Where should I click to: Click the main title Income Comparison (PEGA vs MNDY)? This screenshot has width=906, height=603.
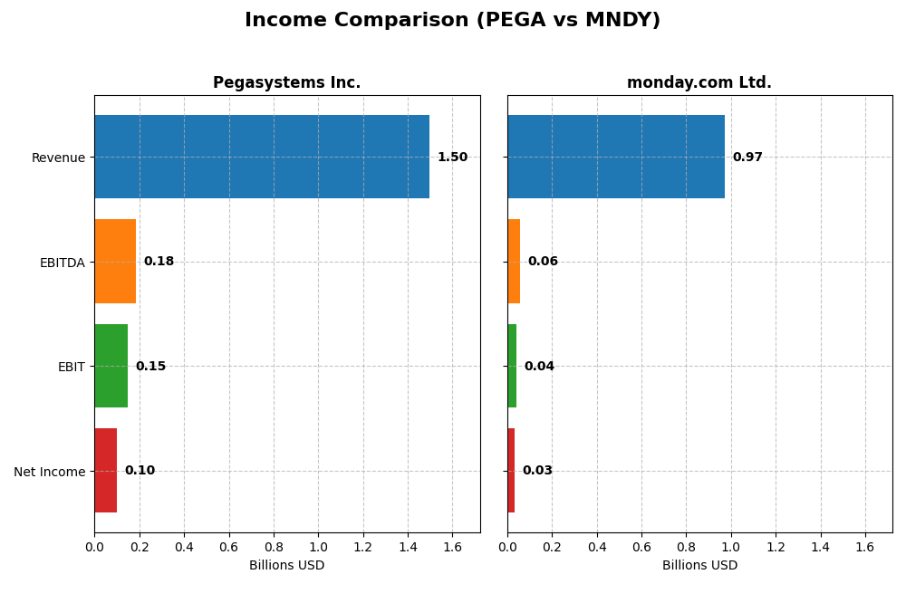point(452,20)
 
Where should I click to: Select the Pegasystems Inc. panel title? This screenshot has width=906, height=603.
point(286,83)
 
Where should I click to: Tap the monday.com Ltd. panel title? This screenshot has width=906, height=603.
point(699,83)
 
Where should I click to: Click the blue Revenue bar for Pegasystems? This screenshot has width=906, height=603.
point(262,157)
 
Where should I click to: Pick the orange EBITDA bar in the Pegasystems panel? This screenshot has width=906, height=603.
point(115,262)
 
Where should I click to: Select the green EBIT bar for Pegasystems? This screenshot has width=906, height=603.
point(111,366)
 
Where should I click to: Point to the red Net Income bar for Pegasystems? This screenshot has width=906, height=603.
point(106,471)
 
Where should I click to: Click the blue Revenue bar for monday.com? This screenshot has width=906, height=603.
point(616,157)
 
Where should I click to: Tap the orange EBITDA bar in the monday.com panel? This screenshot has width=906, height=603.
point(514,262)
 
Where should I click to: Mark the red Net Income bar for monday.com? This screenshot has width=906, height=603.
point(511,471)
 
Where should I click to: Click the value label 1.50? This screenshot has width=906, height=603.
point(452,158)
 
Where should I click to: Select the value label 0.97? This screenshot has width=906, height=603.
point(747,158)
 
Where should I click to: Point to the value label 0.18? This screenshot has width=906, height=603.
point(159,262)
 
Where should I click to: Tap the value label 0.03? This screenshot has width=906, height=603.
point(537,471)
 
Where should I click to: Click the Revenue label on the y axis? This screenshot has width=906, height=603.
point(58,158)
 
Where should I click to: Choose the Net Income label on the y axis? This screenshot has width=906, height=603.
point(50,472)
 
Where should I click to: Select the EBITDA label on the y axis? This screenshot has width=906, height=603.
point(63,263)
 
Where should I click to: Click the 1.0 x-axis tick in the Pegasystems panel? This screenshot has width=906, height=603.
point(318,547)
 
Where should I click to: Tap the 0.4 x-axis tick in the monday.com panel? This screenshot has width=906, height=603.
point(597,547)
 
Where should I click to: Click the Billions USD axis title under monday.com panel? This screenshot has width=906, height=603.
point(699,566)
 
